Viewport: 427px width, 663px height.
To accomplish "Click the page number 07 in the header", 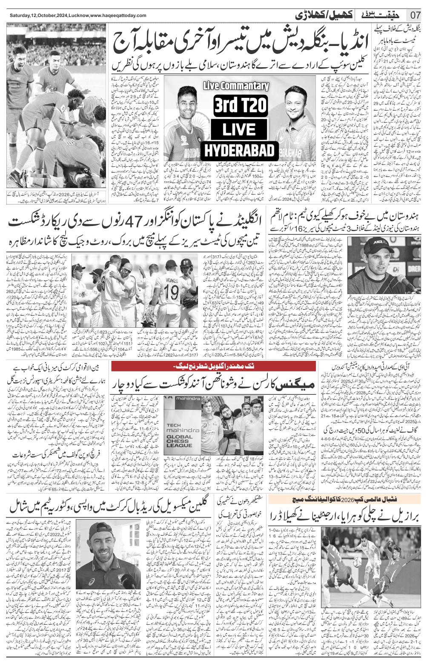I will [x=416, y=15].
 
